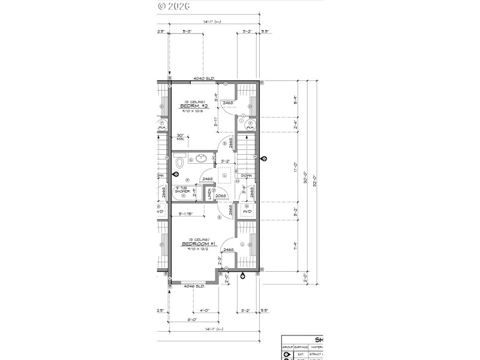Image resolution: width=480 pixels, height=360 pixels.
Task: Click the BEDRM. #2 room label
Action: point(193,107)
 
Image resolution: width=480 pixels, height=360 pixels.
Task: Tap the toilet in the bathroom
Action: point(179,163)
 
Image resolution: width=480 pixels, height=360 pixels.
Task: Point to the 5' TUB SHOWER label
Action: point(182,191)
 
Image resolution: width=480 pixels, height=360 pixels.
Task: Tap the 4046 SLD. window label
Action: point(194,286)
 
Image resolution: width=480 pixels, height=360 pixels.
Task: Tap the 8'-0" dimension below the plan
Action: point(193,320)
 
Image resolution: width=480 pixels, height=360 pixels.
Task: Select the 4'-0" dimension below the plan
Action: point(204,310)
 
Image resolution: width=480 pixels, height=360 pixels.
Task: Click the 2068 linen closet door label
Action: point(221,195)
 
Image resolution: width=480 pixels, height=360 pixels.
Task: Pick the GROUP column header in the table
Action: point(287,347)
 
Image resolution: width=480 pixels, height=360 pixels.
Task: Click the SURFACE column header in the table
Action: point(301,347)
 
